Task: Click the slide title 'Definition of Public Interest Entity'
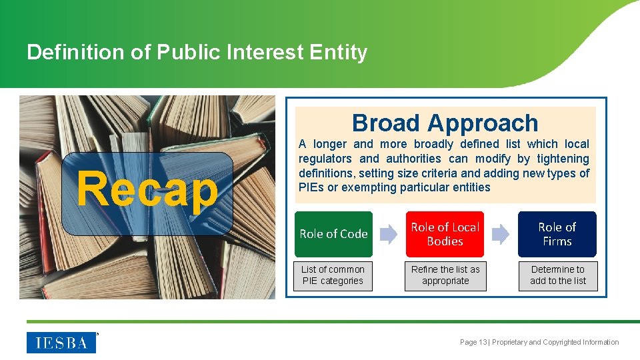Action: point(197,52)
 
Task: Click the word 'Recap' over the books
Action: point(147,189)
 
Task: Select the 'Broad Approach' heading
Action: point(445,123)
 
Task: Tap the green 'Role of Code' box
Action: point(333,234)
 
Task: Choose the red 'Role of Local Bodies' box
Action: point(445,234)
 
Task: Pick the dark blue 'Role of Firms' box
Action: point(557,234)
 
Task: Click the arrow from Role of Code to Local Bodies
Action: point(389,234)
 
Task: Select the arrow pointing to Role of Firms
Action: point(501,234)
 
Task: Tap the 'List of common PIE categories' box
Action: point(333,275)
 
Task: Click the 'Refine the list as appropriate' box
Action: point(445,275)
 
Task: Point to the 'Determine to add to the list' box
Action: point(558,275)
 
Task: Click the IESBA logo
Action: point(61,343)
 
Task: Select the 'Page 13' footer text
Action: point(473,343)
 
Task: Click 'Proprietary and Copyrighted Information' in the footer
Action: point(555,343)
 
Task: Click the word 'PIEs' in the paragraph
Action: point(310,187)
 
